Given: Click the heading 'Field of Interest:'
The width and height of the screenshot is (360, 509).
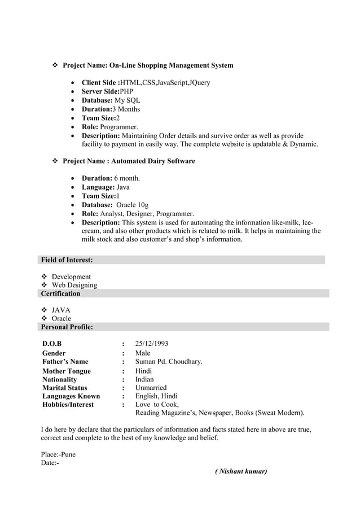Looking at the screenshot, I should [x=67, y=260].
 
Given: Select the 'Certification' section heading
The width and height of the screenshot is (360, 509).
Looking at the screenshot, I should [x=60, y=293].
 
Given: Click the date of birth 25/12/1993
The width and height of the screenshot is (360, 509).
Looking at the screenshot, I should [x=152, y=344].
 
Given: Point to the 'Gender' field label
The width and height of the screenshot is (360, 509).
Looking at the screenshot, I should [x=54, y=353].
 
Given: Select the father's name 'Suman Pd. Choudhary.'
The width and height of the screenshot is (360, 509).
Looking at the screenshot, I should [x=169, y=362].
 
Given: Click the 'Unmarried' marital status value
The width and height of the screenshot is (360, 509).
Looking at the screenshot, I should [x=151, y=388].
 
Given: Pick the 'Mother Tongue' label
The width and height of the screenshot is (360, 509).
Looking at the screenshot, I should [x=67, y=371].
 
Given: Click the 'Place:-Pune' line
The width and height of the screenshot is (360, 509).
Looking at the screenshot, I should [x=58, y=454].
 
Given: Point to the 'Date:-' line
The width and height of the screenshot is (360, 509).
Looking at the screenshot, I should [x=50, y=463].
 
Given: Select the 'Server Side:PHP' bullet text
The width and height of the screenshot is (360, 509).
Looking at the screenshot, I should [x=107, y=91].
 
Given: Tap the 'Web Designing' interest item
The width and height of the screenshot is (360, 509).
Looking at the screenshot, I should [x=74, y=285].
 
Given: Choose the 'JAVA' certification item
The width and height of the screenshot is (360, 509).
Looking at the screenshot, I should [x=62, y=310].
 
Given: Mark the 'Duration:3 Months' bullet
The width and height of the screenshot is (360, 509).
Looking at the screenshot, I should [x=111, y=109].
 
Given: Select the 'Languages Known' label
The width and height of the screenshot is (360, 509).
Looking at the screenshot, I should [x=71, y=396].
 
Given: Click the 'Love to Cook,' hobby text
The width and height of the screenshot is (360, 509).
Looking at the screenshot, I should [x=157, y=404].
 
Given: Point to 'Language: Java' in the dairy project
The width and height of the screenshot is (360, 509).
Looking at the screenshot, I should [x=106, y=187].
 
